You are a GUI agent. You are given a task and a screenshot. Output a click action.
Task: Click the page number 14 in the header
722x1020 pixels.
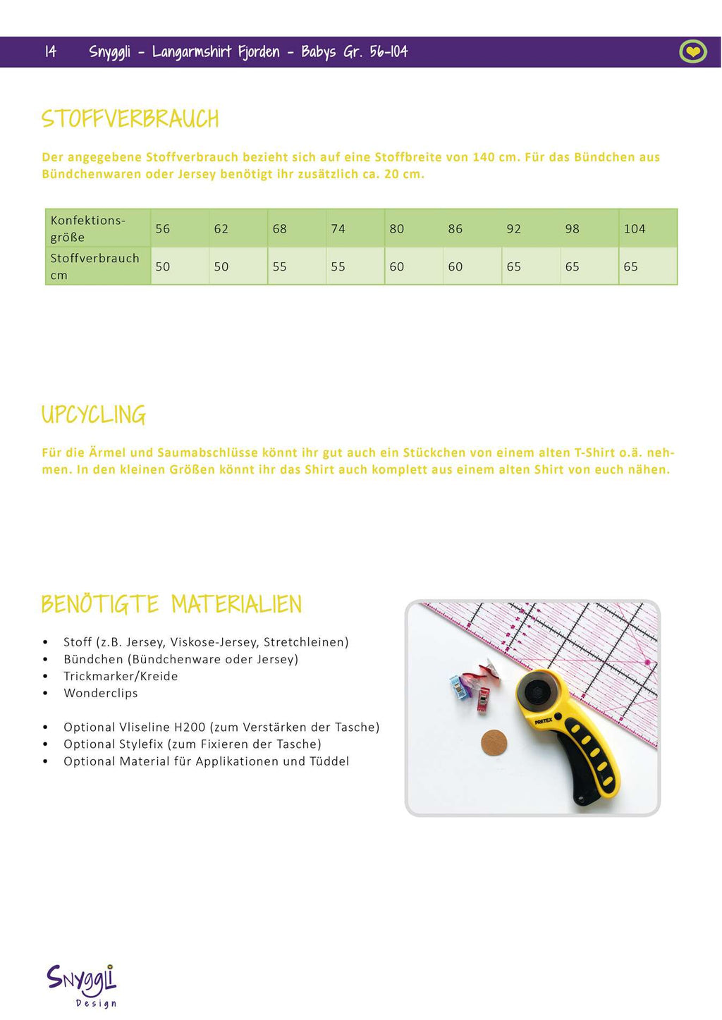pyautogui.click(x=51, y=51)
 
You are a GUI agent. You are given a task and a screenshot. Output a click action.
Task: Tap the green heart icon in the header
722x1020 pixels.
pyautogui.click(x=692, y=51)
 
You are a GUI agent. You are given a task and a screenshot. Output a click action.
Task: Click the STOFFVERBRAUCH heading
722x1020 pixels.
pyautogui.click(x=130, y=118)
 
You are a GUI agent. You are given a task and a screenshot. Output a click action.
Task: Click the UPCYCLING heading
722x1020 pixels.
pyautogui.click(x=94, y=414)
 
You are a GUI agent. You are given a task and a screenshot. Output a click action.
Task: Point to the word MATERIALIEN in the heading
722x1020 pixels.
pyautogui.click(x=236, y=605)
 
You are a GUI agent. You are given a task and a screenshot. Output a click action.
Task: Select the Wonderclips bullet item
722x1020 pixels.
pyautogui.click(x=101, y=693)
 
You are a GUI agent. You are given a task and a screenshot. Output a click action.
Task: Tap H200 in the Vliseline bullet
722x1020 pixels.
pyautogui.click(x=190, y=727)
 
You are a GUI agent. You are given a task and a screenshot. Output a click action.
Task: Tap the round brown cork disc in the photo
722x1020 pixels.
pyautogui.click(x=494, y=743)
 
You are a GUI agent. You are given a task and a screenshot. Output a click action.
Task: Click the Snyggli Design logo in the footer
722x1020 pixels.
pyautogui.click(x=82, y=984)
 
